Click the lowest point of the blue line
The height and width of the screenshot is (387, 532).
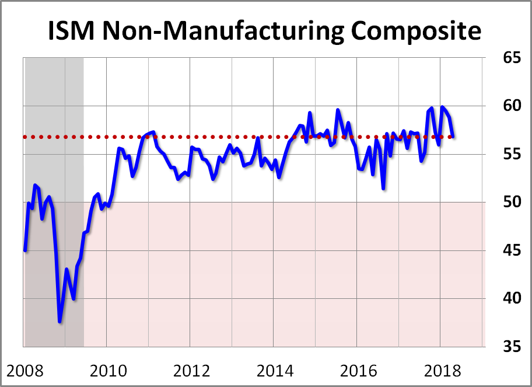coord(60,322)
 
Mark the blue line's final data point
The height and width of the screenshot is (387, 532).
coord(454,136)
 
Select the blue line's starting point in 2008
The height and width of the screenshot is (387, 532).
coord(25,250)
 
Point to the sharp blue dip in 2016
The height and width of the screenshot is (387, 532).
coord(383,188)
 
